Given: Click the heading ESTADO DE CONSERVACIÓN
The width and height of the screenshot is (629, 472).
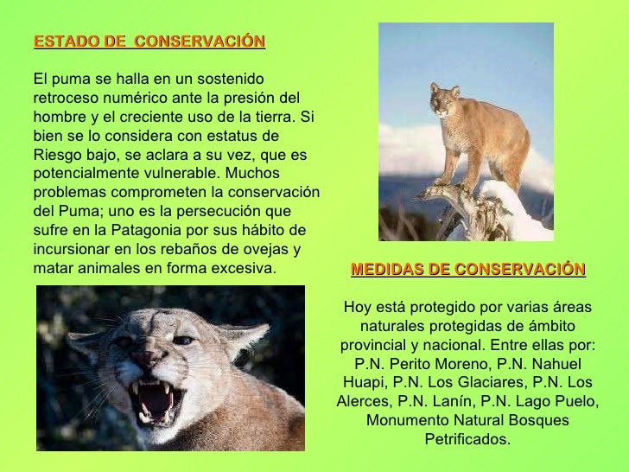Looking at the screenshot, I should coord(149,41).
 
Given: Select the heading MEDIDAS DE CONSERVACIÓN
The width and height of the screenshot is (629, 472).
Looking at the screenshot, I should coord(467,270).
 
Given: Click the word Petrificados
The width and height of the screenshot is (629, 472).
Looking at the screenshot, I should coord(467,439).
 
